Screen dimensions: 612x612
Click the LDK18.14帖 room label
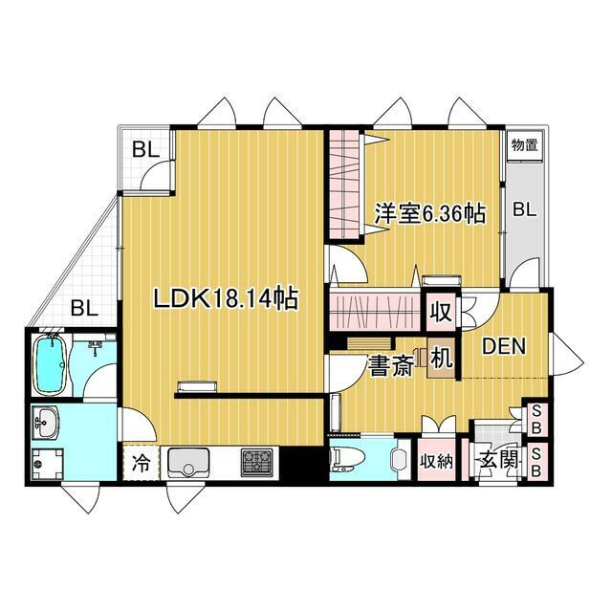pos(227,299)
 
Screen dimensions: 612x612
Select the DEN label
pos(503,346)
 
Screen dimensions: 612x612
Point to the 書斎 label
pos(391,366)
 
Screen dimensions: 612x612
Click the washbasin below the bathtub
pos(45,419)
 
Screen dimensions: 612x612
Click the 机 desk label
pos(441,361)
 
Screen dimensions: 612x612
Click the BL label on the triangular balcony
pos(84,309)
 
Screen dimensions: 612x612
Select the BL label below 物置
pos(524,211)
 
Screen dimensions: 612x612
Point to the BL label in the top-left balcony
pos(145,149)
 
